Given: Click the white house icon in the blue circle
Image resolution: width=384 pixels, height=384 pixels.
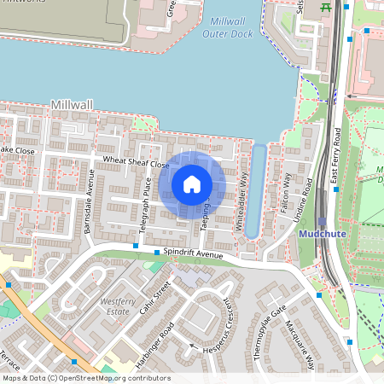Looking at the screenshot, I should point(191,183).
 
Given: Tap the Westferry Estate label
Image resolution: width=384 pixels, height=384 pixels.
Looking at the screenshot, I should point(119,305).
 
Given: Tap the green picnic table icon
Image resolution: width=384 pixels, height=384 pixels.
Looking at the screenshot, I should point(325,7).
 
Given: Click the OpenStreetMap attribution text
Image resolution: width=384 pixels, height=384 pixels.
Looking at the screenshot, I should point(85,378).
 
